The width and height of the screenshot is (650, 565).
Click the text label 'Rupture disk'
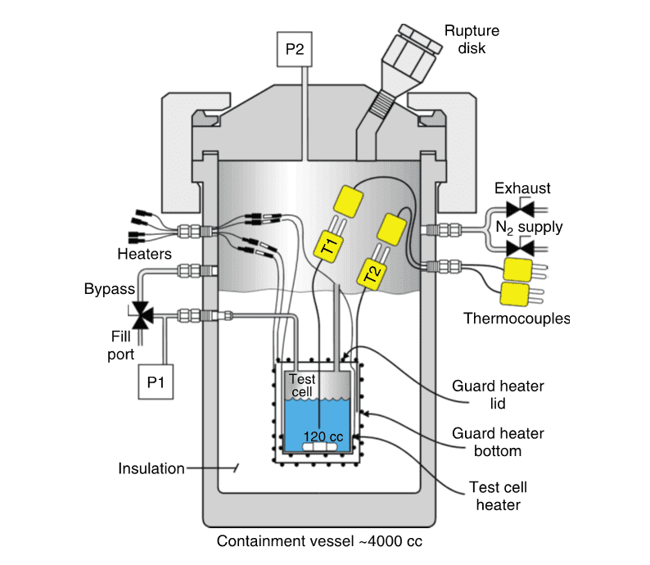[472, 40]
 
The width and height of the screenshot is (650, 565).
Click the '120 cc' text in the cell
[323, 436]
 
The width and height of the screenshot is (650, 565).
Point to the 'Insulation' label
[151, 469]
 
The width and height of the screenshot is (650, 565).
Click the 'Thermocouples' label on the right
[516, 318]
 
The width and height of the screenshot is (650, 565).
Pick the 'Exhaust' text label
[522, 189]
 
